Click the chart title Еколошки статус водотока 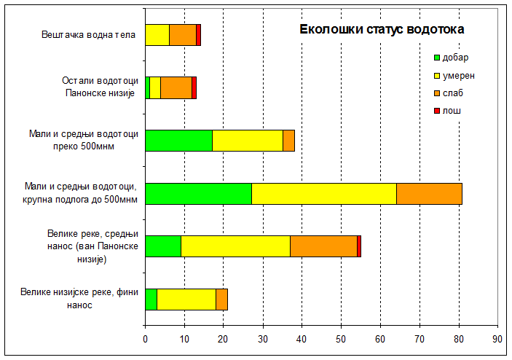382,30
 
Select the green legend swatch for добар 437,58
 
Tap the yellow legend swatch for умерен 437,75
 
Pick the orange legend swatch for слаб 437,93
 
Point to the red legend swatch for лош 437,111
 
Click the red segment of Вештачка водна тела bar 198,35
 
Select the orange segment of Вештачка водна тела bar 183,35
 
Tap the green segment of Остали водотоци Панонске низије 148,87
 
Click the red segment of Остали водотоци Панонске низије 194,87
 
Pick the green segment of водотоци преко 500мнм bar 178,140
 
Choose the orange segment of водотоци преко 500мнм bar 288,140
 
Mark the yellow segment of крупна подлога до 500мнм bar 324,193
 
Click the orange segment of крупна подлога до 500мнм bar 429,193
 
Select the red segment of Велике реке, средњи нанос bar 359,246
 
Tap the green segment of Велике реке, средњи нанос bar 163,246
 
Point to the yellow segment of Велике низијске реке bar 186,299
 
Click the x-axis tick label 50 341,339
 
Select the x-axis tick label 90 497,339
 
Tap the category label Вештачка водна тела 88,35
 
